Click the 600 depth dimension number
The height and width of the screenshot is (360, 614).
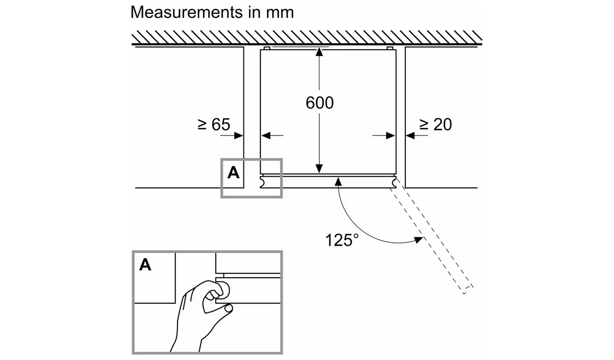[x=320, y=103]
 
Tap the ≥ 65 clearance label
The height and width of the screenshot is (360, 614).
[x=214, y=124]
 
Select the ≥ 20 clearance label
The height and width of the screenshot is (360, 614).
[x=436, y=124]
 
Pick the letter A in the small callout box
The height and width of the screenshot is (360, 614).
[x=233, y=173]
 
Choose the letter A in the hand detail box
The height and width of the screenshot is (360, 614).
[x=145, y=265]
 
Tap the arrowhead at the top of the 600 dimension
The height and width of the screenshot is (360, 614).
[x=319, y=51]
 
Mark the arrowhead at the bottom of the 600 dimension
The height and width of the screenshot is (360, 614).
[x=319, y=169]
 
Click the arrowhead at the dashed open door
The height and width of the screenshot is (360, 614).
[x=418, y=240]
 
